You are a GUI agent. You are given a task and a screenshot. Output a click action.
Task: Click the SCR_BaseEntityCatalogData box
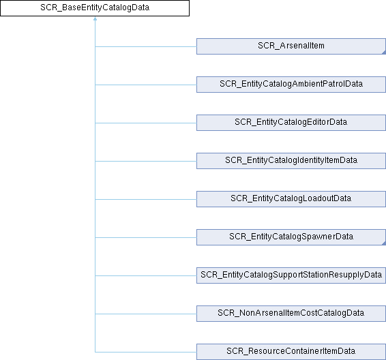[x=95, y=8]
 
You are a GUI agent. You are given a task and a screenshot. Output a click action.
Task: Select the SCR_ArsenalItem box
[x=291, y=46]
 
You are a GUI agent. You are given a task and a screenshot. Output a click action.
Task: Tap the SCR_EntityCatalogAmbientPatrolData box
[x=291, y=85]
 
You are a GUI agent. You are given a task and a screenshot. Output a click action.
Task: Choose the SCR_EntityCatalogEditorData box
[x=291, y=123]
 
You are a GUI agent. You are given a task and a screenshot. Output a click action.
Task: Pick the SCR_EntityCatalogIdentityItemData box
[x=291, y=161]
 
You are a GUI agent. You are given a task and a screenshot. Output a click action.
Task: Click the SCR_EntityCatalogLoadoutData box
[x=291, y=199]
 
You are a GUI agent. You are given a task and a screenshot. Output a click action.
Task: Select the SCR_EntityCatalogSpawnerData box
[x=291, y=237]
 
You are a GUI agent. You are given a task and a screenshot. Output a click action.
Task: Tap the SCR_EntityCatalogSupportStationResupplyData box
[x=291, y=275]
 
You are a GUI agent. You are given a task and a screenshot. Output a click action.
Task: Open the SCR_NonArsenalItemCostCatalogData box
[x=291, y=314]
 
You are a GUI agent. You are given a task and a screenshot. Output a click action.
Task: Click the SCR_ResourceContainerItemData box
[x=291, y=352]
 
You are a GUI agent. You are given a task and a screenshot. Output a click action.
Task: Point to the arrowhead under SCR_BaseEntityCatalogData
[x=95, y=18]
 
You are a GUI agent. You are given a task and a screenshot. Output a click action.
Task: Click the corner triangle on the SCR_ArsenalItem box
[x=384, y=52]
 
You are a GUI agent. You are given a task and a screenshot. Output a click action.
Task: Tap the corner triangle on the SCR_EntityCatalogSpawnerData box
[x=384, y=243]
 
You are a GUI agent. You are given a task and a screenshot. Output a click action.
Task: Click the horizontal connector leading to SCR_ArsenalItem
[x=146, y=46]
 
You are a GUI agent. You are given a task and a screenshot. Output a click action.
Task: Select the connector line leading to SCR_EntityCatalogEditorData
[x=146, y=123]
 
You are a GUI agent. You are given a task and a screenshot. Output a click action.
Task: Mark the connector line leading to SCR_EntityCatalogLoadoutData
[x=146, y=199]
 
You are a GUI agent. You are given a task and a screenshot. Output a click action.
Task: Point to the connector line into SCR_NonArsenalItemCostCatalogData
[x=146, y=314]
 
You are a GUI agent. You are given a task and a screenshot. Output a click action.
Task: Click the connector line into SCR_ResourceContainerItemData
[x=146, y=352]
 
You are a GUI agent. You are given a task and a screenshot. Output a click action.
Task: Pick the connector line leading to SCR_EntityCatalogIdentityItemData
[x=146, y=161]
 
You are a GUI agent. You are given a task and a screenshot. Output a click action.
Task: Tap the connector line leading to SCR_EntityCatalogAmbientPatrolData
[x=146, y=85]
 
